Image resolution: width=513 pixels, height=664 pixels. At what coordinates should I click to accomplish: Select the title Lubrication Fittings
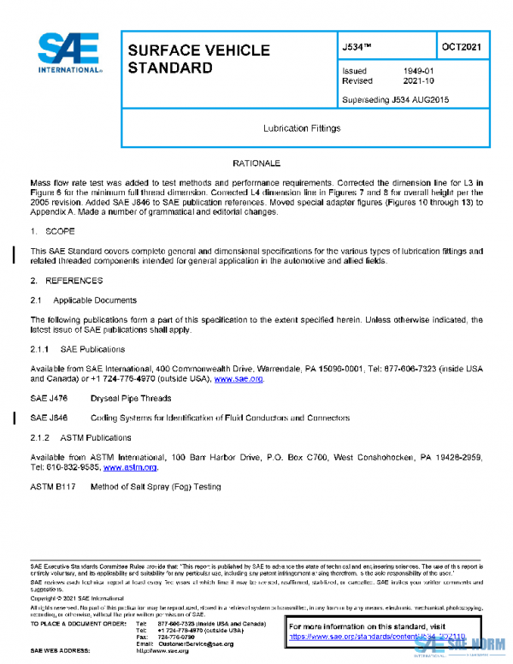[302, 128]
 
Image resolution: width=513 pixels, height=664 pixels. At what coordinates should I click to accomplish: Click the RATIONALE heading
[256, 163]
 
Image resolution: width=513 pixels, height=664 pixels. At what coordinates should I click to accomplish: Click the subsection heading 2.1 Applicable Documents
[83, 300]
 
